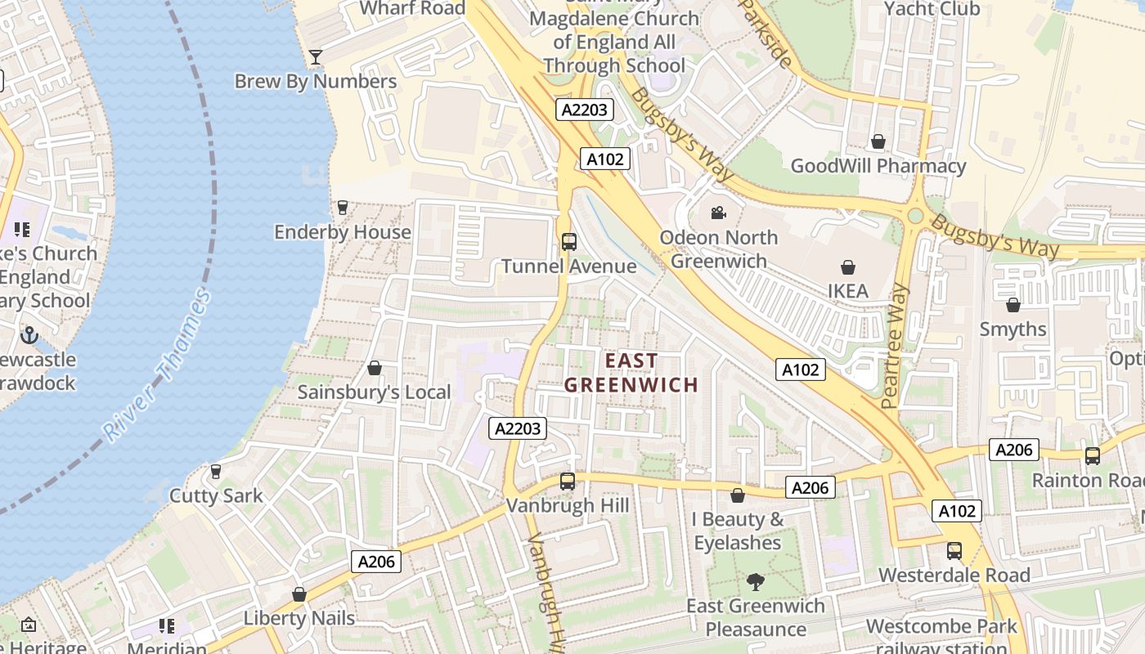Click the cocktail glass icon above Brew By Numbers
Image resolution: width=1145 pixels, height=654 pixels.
click(x=316, y=57)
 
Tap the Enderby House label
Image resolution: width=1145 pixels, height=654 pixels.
click(x=342, y=232)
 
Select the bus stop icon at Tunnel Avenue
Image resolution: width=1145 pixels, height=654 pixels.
click(x=568, y=242)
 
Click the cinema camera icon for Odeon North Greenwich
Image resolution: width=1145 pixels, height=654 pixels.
click(x=718, y=213)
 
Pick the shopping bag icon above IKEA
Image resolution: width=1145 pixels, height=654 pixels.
click(x=848, y=267)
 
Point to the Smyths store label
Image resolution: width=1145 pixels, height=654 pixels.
click(x=1013, y=329)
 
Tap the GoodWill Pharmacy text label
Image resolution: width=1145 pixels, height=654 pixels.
click(x=878, y=166)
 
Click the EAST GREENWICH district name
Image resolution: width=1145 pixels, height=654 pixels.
click(x=631, y=372)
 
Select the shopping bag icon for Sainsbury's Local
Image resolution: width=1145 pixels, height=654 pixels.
click(x=375, y=368)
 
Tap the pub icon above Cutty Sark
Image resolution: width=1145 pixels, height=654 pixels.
click(x=216, y=472)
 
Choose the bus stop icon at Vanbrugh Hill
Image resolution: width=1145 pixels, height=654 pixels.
click(x=568, y=482)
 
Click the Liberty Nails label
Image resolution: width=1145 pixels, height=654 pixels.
click(x=299, y=618)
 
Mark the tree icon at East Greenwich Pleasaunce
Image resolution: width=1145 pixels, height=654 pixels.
click(x=755, y=582)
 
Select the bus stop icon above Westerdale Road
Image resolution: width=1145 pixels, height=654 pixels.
click(x=954, y=551)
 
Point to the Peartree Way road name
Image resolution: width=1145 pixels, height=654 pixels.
click(x=896, y=346)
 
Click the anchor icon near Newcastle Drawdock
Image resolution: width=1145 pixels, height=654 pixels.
click(x=29, y=335)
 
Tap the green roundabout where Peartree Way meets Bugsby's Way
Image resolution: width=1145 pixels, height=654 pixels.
click(x=915, y=216)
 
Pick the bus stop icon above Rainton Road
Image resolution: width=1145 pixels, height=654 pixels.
click(x=1092, y=456)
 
